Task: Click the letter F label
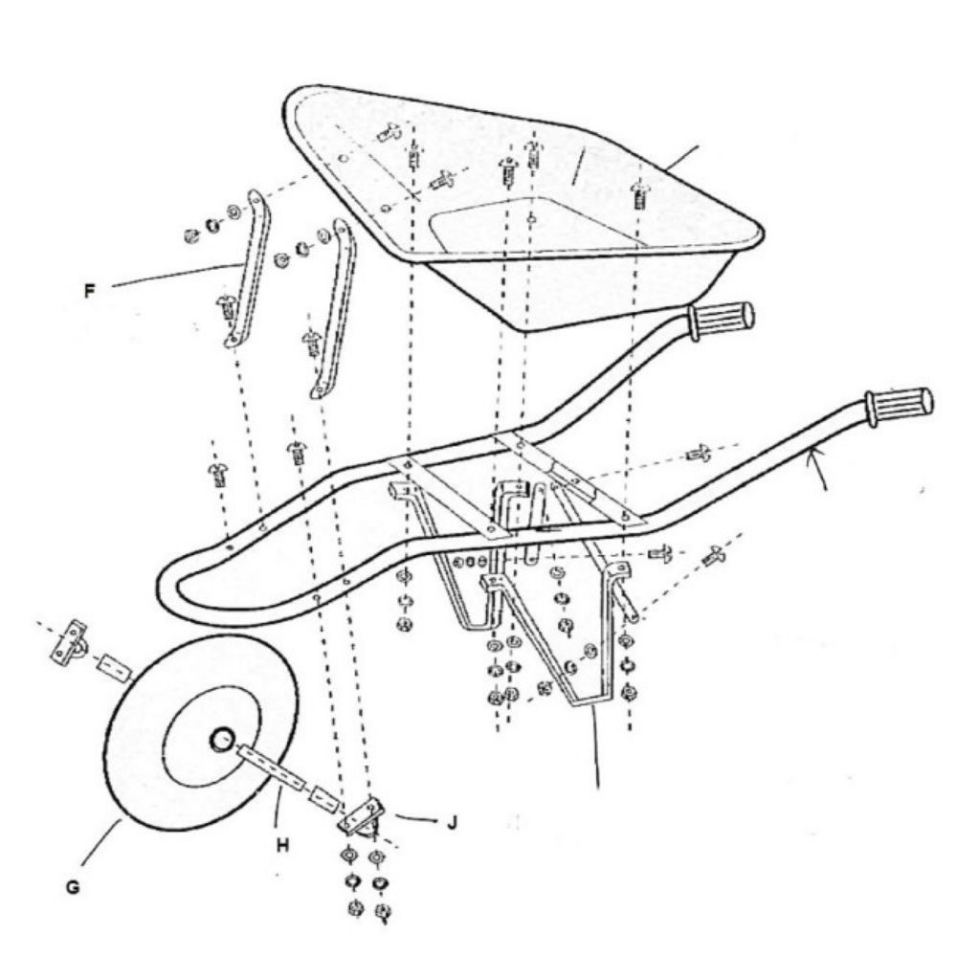click(x=90, y=291)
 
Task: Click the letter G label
click(x=73, y=886)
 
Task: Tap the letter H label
click(x=282, y=845)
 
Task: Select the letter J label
click(x=452, y=822)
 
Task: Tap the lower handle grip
click(x=899, y=406)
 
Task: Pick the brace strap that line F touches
click(x=248, y=269)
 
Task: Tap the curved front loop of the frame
click(x=167, y=585)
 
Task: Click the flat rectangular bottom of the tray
click(x=537, y=226)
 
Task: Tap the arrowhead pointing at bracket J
click(x=434, y=821)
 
